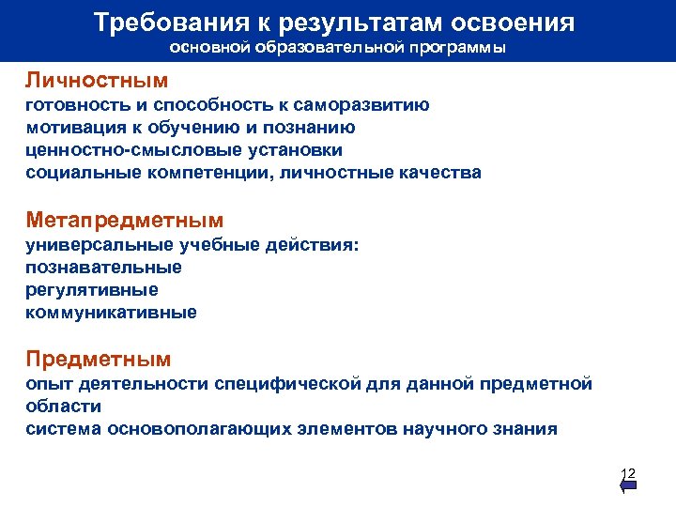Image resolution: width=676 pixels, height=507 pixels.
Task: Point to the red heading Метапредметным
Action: point(125,221)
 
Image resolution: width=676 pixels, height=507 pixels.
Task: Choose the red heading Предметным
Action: point(99,359)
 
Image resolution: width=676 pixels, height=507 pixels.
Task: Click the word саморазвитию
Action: point(365,105)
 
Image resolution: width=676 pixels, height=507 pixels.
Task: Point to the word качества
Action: point(440,173)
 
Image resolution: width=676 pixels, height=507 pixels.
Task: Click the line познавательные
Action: point(104,268)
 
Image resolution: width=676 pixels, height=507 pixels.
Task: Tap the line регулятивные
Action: point(92,290)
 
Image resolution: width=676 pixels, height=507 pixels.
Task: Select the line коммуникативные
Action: point(112,313)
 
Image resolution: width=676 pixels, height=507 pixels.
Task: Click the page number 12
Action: point(628,472)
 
